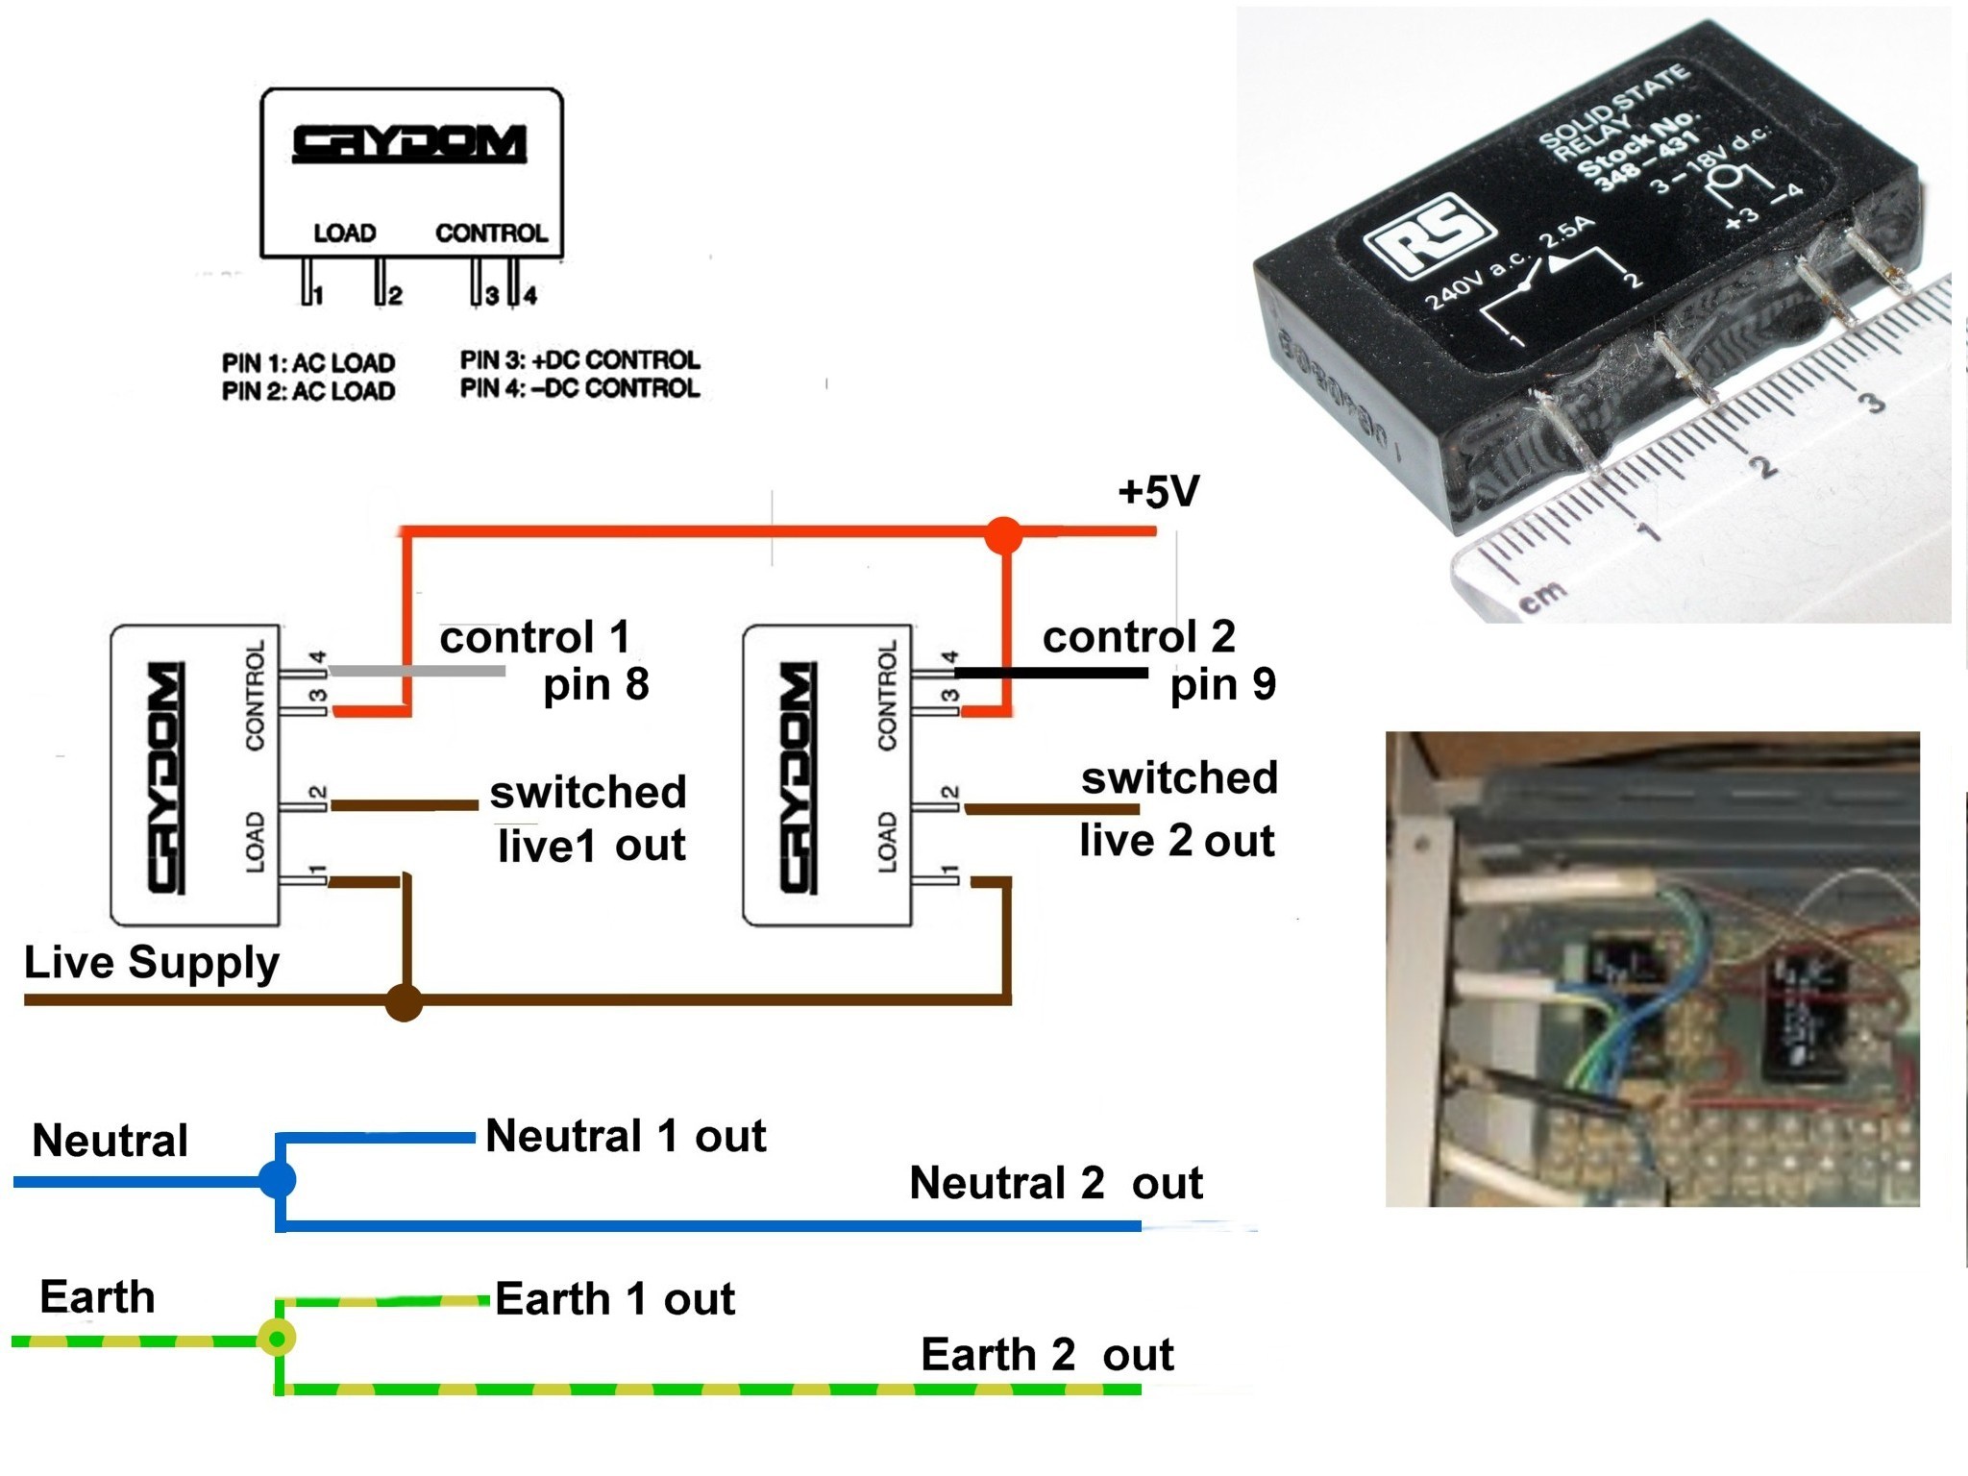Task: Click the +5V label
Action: [1158, 492]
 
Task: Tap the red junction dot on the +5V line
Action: [1004, 533]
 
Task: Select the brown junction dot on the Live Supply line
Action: [404, 1002]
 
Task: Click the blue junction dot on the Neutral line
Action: [278, 1179]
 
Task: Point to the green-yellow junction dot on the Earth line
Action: [278, 1338]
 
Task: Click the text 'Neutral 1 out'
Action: [626, 1136]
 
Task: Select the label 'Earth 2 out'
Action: [1046, 1355]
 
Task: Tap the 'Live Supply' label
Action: [151, 962]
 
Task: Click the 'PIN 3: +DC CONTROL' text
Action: [579, 360]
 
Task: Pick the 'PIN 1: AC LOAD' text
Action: [308, 363]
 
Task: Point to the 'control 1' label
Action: [534, 637]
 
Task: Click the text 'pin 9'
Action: [1222, 684]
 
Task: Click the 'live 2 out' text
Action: [1176, 841]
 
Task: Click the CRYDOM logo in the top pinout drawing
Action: [410, 144]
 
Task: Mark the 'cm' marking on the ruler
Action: [1542, 598]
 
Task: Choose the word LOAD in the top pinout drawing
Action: [344, 234]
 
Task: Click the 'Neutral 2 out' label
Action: [1055, 1183]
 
